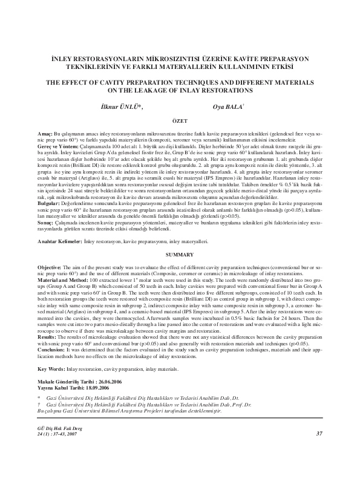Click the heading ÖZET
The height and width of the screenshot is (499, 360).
coord(180,120)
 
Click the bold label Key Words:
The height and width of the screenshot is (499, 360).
coord(51,369)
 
